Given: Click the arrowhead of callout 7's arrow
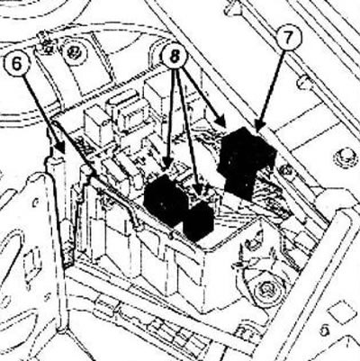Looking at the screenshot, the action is click(259, 124).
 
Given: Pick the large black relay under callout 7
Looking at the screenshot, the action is click(246, 162).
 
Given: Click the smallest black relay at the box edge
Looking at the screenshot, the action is click(198, 221).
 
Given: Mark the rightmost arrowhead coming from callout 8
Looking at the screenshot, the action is click(221, 122).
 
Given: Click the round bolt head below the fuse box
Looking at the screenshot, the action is click(266, 290).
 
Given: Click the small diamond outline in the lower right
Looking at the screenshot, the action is click(340, 313).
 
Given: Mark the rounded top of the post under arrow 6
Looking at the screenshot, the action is click(56, 158).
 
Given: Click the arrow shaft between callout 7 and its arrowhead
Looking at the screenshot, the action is click(271, 87).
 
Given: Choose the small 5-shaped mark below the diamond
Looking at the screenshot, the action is click(324, 330).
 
